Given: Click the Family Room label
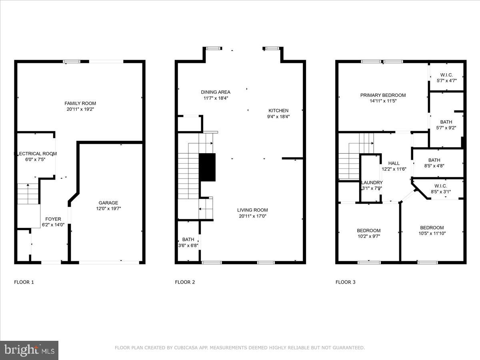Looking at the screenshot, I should pos(80,103).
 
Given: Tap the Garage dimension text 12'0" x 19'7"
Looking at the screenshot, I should pos(108,208).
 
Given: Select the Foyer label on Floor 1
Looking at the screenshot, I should pos(53,219).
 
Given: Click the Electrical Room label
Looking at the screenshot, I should pos(36,154).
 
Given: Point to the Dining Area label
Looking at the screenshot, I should pos(216,92).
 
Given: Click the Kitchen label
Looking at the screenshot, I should pos(278,110).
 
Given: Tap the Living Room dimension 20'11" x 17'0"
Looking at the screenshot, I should pos(252,216).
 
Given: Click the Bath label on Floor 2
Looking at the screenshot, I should pos(188,239).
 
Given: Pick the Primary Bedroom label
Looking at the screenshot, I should pos(383,95).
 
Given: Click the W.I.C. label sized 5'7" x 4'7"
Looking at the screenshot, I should pos(446,75).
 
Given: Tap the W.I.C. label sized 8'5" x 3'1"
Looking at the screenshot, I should pos(440,186).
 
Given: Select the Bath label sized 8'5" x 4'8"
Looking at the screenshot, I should pos(434,160).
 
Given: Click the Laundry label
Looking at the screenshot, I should pos(372,182).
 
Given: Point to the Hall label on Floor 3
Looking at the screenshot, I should pos(394,163).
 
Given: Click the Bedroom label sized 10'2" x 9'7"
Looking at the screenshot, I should pos(368,230).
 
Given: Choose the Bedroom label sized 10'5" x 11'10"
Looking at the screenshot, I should pos(432,228).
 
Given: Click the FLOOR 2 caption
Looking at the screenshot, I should pos(185,282).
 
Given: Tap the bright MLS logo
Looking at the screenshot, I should pos(29,350).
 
